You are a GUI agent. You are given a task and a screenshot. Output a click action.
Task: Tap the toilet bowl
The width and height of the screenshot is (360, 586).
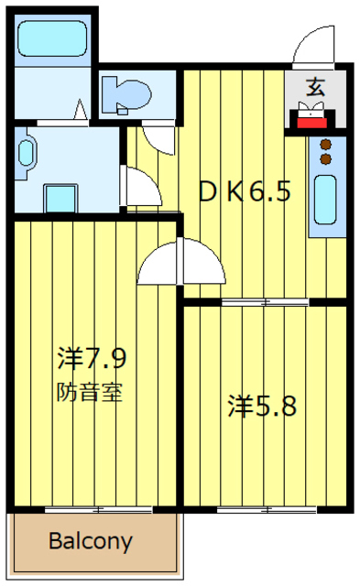coord(125,93)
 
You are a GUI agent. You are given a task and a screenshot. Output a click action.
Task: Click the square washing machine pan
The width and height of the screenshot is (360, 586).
coord(62,198)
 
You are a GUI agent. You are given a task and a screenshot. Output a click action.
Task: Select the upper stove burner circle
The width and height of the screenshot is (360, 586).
coord(324,144)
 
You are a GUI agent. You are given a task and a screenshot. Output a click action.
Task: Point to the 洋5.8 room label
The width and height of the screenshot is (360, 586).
coord(263,405)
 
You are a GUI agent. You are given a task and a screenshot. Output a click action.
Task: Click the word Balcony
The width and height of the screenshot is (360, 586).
coord(90,540)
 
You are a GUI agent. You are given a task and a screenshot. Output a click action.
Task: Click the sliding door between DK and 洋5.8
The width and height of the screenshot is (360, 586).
coord(264,301)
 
